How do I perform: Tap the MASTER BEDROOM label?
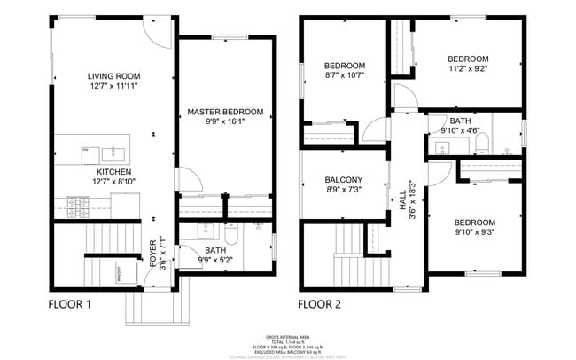(224, 112)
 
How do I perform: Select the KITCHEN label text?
(113, 171)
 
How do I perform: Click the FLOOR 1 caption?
(70, 304)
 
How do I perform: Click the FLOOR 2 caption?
(320, 304)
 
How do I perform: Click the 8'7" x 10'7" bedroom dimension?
(344, 75)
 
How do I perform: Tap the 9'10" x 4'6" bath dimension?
(460, 130)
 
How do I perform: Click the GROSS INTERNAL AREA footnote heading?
(288, 335)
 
